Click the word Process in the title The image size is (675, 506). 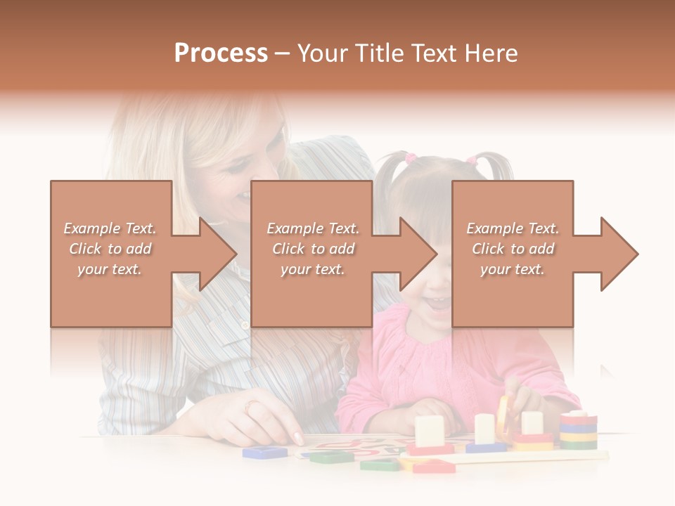(221, 53)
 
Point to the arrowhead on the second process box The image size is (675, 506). (418, 254)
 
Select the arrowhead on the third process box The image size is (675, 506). (619, 254)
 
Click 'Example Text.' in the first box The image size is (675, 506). (110, 228)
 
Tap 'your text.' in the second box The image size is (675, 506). (312, 269)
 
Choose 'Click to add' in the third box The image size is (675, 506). (513, 249)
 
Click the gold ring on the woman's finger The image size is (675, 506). (251, 406)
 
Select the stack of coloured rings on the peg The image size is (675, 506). (578, 430)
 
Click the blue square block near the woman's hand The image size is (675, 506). (264, 452)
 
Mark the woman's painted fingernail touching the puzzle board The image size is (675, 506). (298, 439)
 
